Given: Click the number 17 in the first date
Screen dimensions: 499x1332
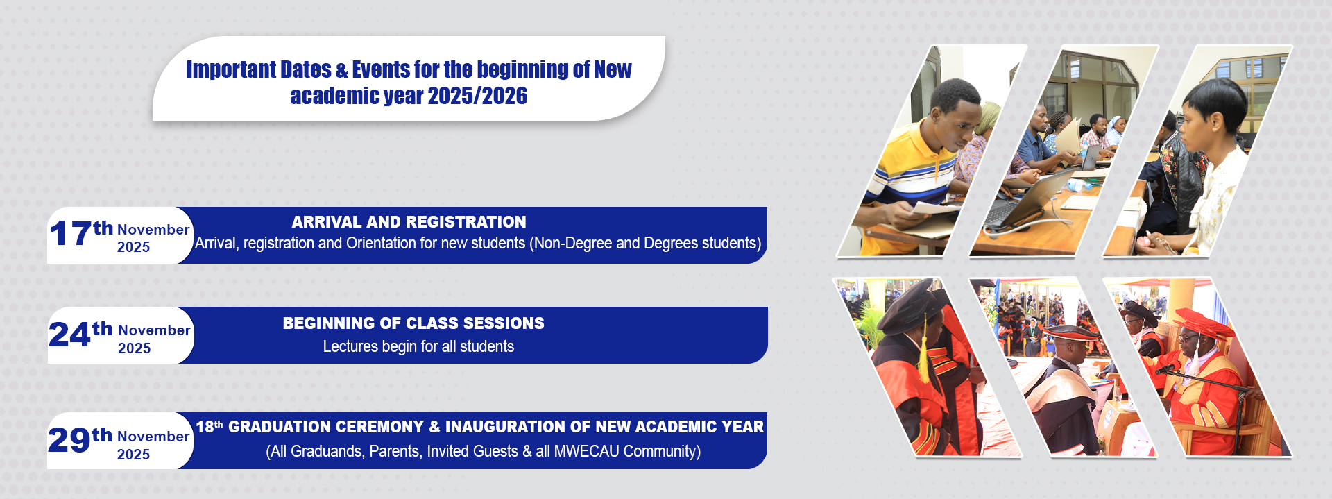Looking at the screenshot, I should (x=70, y=234).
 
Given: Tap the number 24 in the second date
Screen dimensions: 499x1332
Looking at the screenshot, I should (x=69, y=335).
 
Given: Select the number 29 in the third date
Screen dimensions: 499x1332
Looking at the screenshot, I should (x=69, y=439).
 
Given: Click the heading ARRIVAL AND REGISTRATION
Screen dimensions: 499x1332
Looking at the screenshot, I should (x=409, y=222).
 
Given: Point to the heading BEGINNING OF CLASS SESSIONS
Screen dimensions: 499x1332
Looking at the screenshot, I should (x=413, y=323).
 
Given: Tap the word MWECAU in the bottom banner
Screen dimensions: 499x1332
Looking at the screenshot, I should (x=586, y=451).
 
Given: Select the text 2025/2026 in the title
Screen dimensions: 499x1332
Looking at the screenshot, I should (x=477, y=96).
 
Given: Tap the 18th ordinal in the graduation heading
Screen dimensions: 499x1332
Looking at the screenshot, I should (x=209, y=427).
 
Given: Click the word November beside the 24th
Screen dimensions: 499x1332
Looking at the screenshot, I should (x=154, y=330).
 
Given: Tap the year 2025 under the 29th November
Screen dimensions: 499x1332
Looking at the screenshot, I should (x=133, y=455).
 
